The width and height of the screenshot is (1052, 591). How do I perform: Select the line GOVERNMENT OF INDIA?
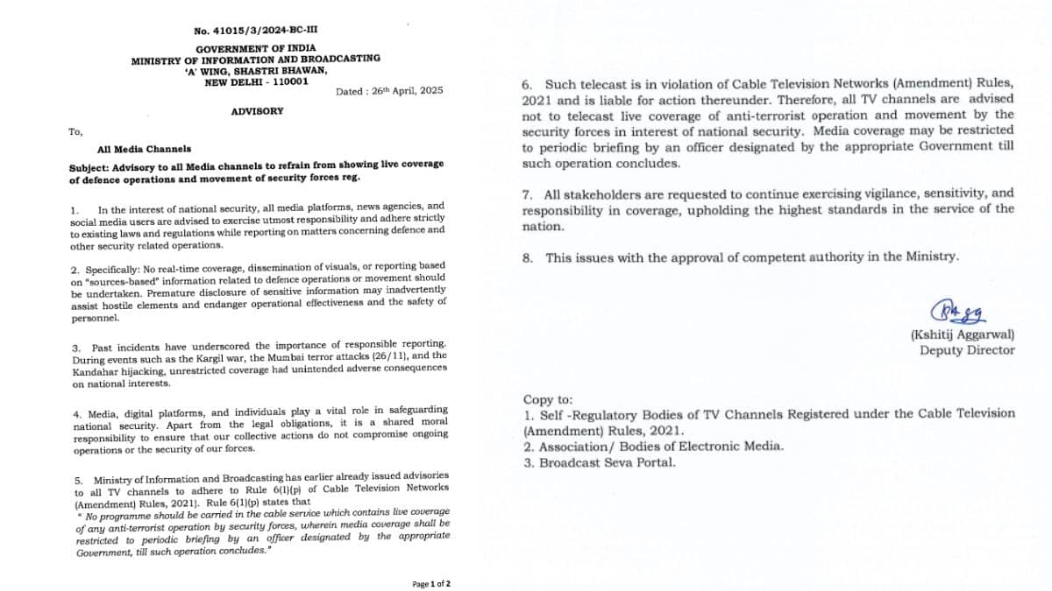256,48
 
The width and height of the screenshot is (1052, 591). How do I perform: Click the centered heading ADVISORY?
256,111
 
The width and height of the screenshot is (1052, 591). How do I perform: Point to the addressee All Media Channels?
145,150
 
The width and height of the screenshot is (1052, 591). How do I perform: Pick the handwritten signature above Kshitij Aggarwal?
959,311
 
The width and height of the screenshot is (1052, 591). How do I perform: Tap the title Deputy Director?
967,350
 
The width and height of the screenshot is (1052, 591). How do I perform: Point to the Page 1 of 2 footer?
431,583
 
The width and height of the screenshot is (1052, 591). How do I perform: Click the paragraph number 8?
528,257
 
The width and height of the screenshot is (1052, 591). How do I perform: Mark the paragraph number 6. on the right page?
528,85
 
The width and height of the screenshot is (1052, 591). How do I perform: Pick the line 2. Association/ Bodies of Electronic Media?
653,446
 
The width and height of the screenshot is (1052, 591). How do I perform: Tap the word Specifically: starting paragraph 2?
110,265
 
